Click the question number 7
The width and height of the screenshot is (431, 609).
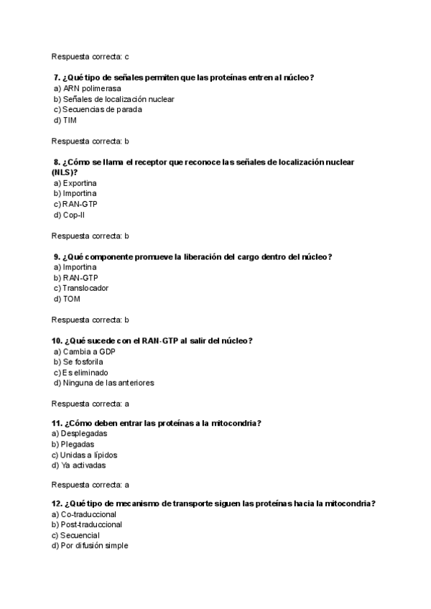(56, 78)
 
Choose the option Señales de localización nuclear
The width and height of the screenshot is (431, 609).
(119, 99)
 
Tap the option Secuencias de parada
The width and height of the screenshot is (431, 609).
(101, 110)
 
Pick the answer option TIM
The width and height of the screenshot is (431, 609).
(70, 121)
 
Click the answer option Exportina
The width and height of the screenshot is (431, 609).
(80, 183)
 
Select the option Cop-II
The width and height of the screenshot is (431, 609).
(74, 215)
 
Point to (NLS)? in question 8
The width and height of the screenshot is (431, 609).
(65, 172)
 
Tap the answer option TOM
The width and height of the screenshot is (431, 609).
(72, 299)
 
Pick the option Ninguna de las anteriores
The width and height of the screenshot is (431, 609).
(108, 383)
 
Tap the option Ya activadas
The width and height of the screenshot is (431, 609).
(84, 465)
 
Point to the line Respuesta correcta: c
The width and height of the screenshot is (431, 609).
(91, 56)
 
